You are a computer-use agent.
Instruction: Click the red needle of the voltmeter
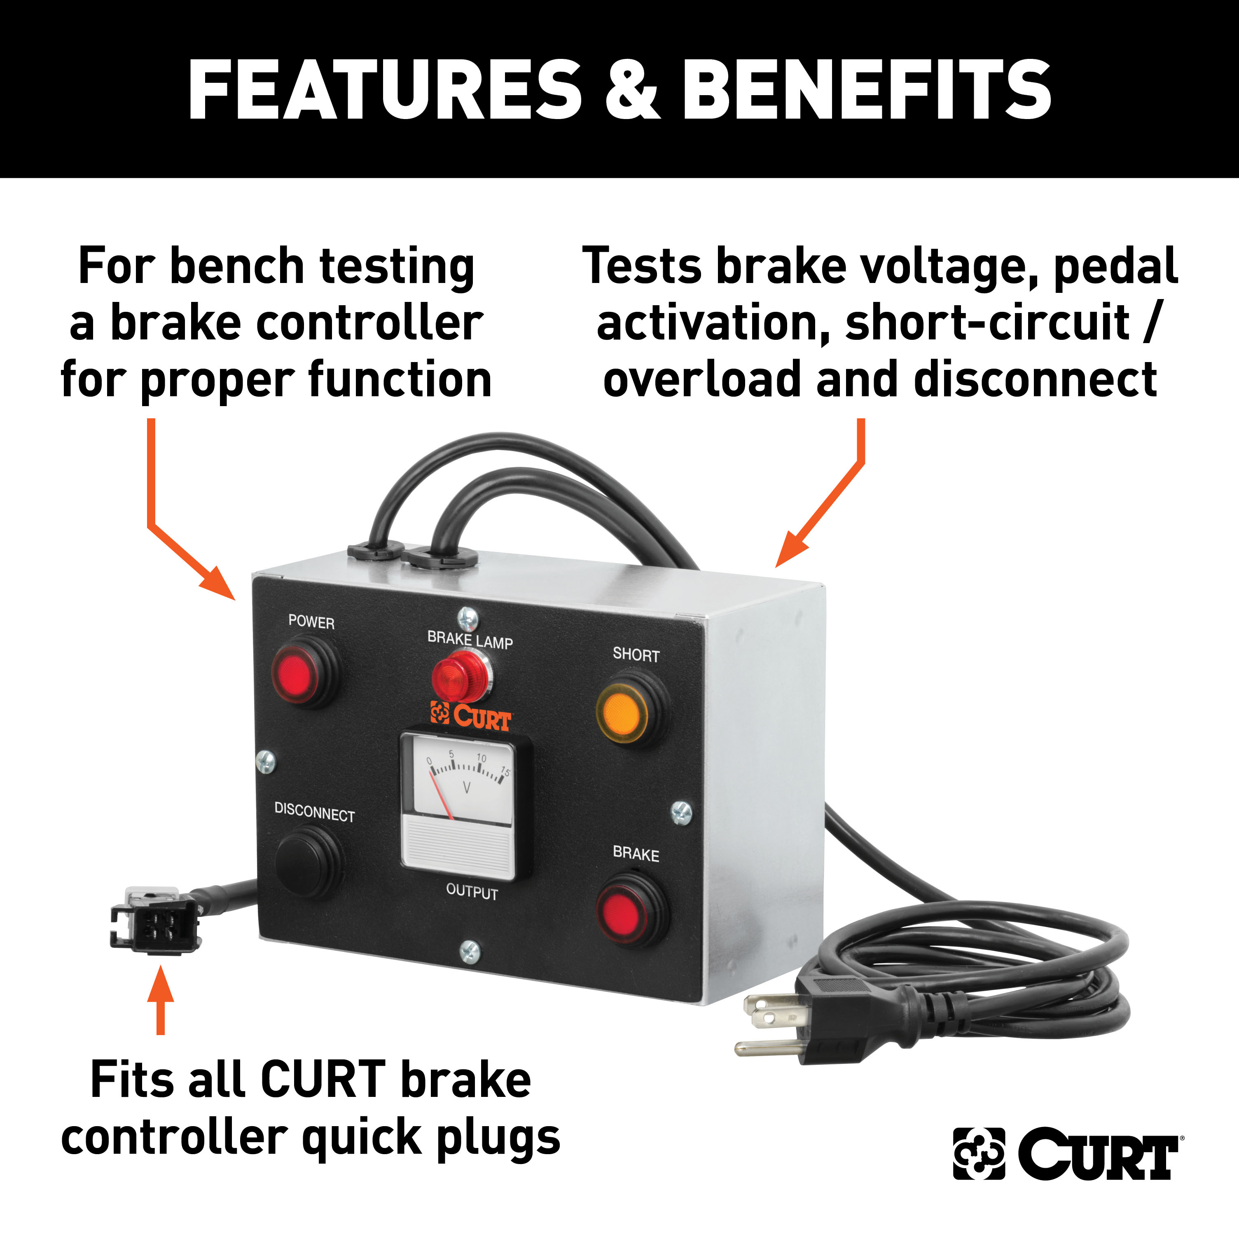pyautogui.click(x=442, y=797)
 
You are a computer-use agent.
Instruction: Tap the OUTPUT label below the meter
pyautogui.click(x=472, y=892)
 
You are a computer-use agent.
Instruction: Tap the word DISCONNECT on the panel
pyautogui.click(x=314, y=813)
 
